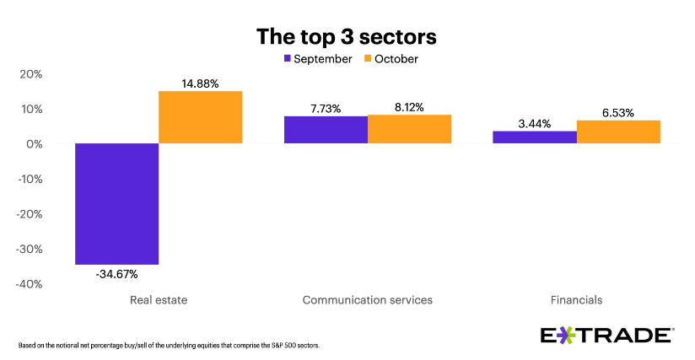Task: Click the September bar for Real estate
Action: coord(116,204)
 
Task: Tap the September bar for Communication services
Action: coord(326,130)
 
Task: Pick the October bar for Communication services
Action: coord(409,129)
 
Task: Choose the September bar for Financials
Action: coord(535,137)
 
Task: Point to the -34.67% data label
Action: coord(116,274)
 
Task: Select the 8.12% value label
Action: coord(409,107)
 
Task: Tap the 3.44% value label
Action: coord(535,123)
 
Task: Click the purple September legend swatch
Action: coord(288,59)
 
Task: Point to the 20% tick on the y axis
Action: coord(31,74)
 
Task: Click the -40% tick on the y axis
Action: coord(30,284)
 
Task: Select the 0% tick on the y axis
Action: coord(35,144)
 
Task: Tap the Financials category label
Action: coord(576,300)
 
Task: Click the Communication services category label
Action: coord(367,300)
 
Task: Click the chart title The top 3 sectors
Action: coord(347,37)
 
